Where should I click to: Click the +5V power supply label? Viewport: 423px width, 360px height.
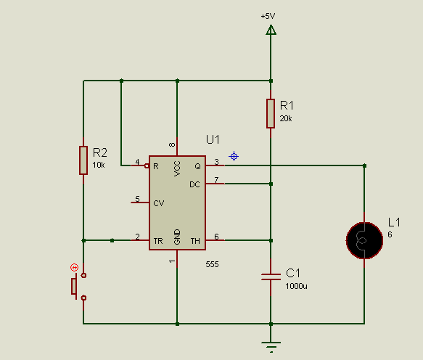268,16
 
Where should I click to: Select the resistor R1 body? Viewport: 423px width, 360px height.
271,113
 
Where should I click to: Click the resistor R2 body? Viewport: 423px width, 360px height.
83,160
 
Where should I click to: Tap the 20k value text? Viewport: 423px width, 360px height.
286,118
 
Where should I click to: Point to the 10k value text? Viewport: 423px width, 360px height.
99,165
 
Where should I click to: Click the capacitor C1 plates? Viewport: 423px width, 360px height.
271,277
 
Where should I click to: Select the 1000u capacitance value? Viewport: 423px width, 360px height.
296,286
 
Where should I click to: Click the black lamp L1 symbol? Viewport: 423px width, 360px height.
364,240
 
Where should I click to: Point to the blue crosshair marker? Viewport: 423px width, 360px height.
234,156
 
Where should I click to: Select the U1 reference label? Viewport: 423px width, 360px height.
213,139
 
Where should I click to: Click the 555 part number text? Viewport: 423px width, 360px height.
212,264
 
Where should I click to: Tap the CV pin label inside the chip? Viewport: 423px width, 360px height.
159,203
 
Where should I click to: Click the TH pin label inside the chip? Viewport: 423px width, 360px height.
195,241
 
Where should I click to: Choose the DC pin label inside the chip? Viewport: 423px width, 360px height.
194,184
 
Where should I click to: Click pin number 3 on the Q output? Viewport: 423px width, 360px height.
216,162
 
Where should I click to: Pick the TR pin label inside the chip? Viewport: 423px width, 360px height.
158,241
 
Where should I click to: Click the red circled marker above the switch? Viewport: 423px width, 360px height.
74,267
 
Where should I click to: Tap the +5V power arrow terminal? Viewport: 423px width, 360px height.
271,30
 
